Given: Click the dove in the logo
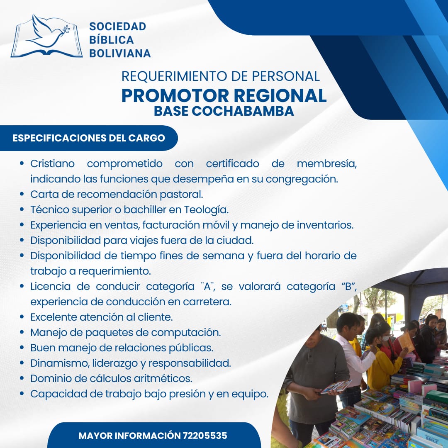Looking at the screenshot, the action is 49,32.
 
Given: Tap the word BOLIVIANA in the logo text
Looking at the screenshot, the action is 120,54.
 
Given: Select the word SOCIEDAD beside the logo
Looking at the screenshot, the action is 117,27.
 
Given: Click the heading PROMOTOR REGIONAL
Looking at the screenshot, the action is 224,95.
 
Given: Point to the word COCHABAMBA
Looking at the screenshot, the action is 243,111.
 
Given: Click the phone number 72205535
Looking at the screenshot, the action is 205,436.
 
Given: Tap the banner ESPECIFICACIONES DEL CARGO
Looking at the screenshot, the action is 89,138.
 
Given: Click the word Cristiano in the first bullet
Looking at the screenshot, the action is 52,164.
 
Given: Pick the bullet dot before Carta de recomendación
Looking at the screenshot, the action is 22,194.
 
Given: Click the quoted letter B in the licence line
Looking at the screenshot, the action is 348,286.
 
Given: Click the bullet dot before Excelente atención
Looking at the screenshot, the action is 22,317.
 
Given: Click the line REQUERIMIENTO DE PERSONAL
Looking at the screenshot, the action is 220,76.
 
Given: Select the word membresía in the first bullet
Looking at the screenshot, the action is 326,164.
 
